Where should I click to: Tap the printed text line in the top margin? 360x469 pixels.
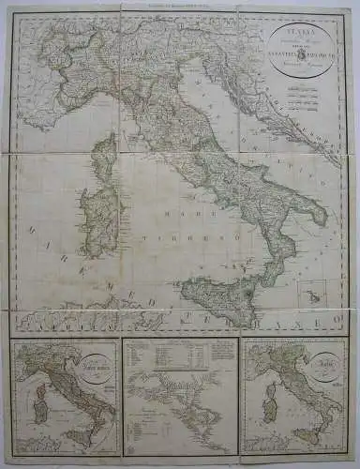pos(180,6)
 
